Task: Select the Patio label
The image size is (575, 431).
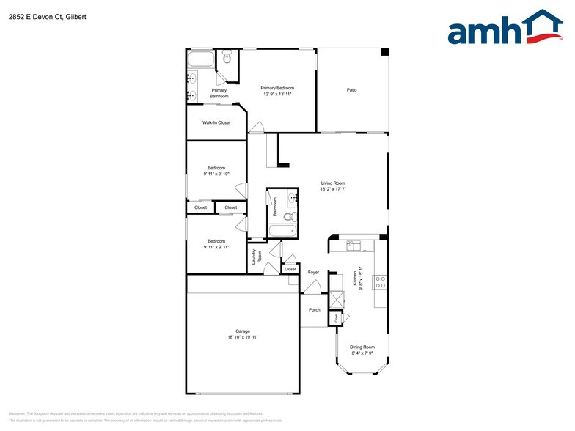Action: [352, 90]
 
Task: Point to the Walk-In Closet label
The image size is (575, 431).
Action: [216, 122]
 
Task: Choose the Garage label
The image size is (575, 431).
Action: [242, 331]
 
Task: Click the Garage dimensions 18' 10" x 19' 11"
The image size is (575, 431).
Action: [242, 337]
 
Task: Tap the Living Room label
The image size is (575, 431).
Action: [333, 183]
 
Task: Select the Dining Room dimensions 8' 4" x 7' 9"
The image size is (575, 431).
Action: [362, 353]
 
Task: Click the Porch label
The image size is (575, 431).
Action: [314, 309]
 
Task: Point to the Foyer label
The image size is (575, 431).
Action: [313, 272]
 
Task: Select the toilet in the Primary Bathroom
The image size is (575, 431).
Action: [227, 56]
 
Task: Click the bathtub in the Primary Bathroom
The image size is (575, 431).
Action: [200, 59]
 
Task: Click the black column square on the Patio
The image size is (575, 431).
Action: [384, 52]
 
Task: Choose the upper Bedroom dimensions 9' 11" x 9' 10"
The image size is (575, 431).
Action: [216, 174]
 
